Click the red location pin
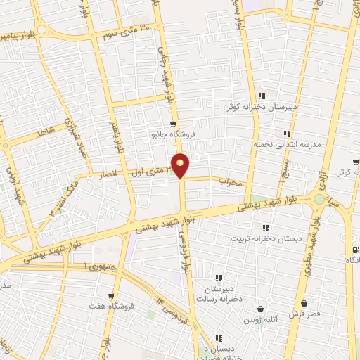pyautogui.click(x=181, y=165)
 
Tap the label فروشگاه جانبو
pyautogui.click(x=173, y=134)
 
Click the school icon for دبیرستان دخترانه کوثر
pyautogui.click(x=261, y=96)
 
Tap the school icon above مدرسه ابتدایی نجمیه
pyautogui.click(x=286, y=133)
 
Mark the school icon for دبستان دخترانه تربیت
pyautogui.click(x=265, y=228)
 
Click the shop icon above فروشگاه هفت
pyautogui.click(x=111, y=296)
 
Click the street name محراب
pyautogui.click(x=230, y=181)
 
